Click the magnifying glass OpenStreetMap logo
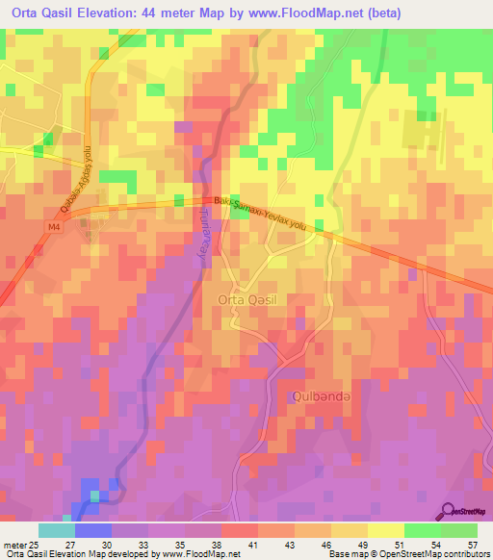[449, 511]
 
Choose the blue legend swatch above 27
[92, 530]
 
